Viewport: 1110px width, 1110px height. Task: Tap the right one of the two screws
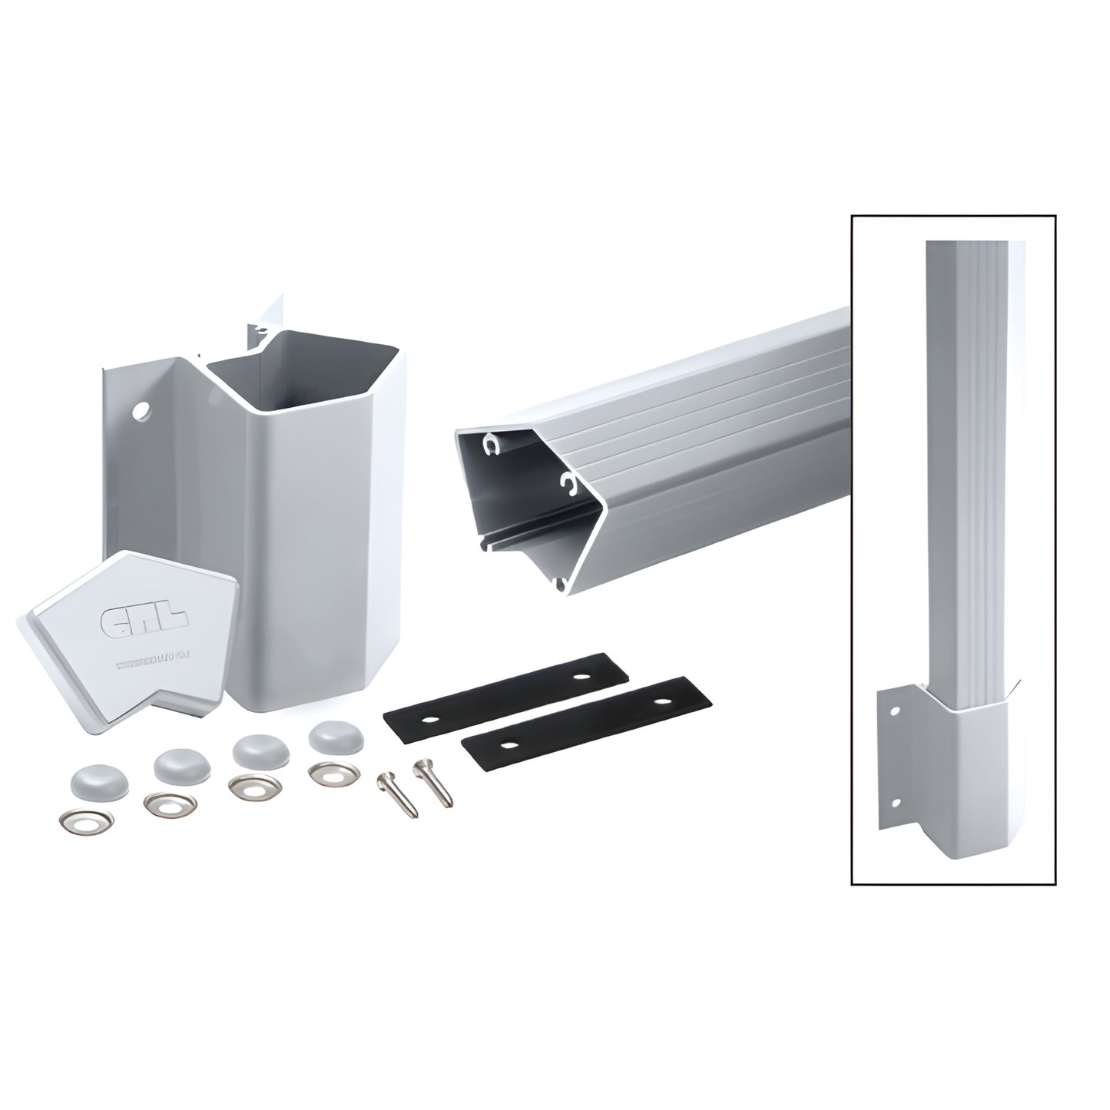pyautogui.click(x=433, y=781)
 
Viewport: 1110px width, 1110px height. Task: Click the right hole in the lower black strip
pyautogui.click(x=659, y=701)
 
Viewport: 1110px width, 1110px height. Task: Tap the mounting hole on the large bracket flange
pyautogui.click(x=140, y=413)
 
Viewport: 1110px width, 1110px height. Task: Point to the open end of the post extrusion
pyautogui.click(x=522, y=499)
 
